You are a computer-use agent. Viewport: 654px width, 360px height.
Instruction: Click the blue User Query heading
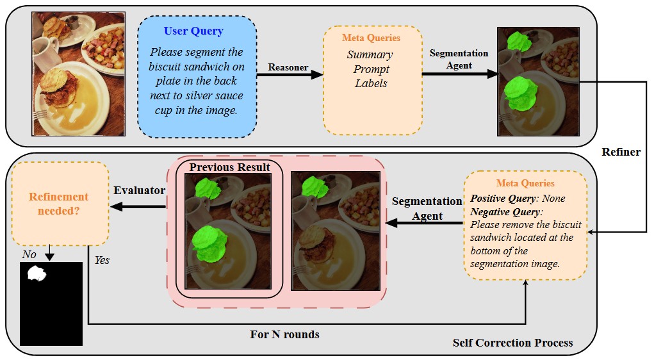[x=193, y=31]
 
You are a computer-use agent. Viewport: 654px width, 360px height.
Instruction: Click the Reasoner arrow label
[x=288, y=67]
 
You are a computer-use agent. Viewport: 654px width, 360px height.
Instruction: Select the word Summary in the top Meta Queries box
[x=370, y=55]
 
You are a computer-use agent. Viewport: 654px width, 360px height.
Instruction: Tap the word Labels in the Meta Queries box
[x=371, y=83]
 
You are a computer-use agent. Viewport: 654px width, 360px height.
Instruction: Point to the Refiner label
[x=621, y=152]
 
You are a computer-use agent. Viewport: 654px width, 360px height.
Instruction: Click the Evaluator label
[x=140, y=190]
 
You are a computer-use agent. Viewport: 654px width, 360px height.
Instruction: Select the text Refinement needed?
[x=58, y=203]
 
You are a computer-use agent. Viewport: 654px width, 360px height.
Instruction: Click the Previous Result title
[x=229, y=168]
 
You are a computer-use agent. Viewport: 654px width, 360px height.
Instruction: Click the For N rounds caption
[x=284, y=334]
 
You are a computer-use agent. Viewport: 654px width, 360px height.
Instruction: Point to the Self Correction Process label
[x=512, y=343]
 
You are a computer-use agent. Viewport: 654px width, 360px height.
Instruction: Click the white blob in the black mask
[x=37, y=274]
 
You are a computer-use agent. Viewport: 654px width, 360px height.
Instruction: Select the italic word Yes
[x=102, y=261]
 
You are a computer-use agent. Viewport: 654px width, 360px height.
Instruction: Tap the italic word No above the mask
[x=29, y=254]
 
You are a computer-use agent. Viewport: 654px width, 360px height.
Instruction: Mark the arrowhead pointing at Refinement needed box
[x=115, y=206]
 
